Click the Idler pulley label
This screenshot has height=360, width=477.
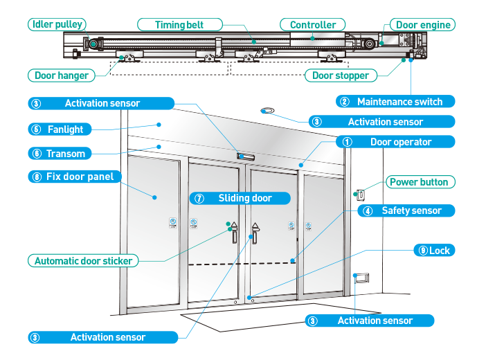point(57,24)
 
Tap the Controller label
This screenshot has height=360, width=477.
point(313,25)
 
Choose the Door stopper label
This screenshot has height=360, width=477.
point(340,75)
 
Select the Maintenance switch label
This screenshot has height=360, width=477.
point(399,102)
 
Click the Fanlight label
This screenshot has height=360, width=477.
point(65,129)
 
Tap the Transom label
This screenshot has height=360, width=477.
point(66,153)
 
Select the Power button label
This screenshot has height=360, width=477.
point(418,182)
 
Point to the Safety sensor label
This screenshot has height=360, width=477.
point(411,210)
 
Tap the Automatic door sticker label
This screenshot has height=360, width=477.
point(84,261)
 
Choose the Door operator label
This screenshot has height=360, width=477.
point(400,142)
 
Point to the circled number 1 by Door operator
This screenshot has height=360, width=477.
point(348,142)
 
